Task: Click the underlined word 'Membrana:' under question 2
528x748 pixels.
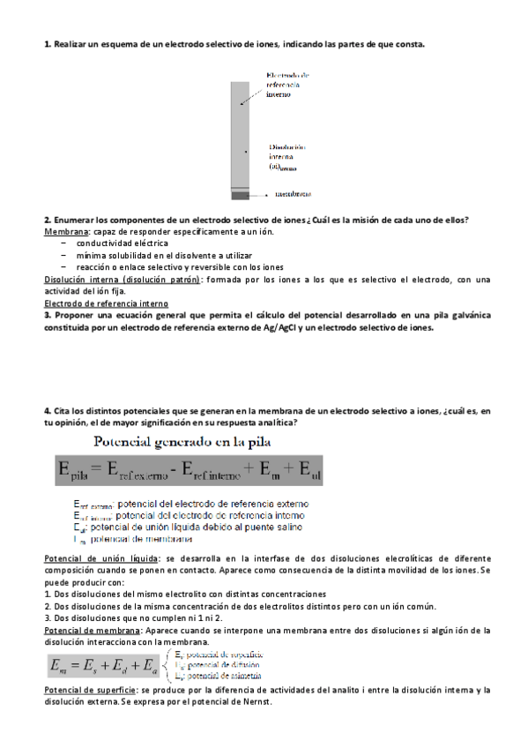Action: pyautogui.click(x=66, y=231)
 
